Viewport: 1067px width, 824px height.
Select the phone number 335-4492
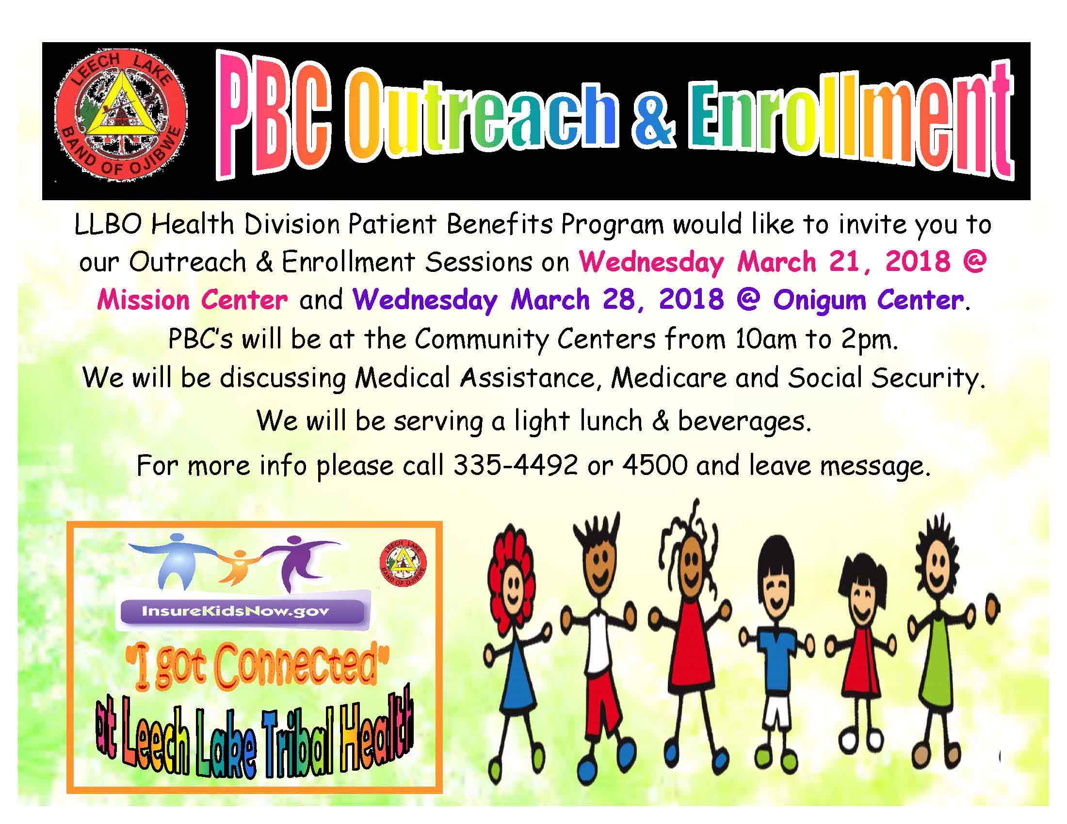point(516,465)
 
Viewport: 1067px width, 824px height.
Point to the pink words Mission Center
point(192,299)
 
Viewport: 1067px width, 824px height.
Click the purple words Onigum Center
point(868,299)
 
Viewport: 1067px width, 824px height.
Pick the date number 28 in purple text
point(618,299)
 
